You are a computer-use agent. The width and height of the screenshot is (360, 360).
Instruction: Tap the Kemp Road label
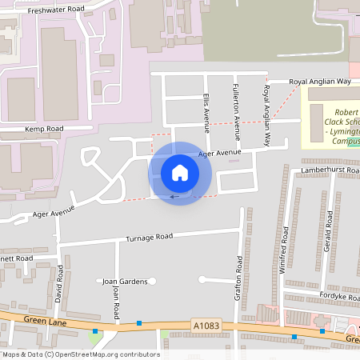[x=44, y=129]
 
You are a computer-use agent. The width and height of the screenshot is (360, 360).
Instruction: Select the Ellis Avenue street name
[x=206, y=112]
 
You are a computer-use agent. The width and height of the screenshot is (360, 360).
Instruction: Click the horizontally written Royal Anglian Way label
[x=320, y=82]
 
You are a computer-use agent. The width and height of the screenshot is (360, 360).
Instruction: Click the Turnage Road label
[x=150, y=238]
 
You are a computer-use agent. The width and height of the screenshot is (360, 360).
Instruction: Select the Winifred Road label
[x=286, y=251]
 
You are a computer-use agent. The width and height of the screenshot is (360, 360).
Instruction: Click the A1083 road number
[x=206, y=326]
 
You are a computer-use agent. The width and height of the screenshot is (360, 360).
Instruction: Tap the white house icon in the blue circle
[x=180, y=172]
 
